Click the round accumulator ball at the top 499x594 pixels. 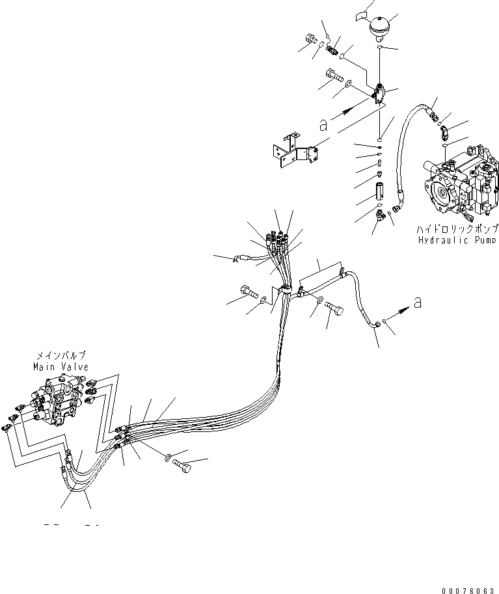point(378,28)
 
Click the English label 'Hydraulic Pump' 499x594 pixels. point(457,239)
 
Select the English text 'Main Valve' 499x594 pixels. point(61,366)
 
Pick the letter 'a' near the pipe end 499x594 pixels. point(417,302)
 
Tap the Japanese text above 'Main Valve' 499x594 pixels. point(61,356)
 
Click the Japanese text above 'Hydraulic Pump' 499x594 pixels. point(457,229)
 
